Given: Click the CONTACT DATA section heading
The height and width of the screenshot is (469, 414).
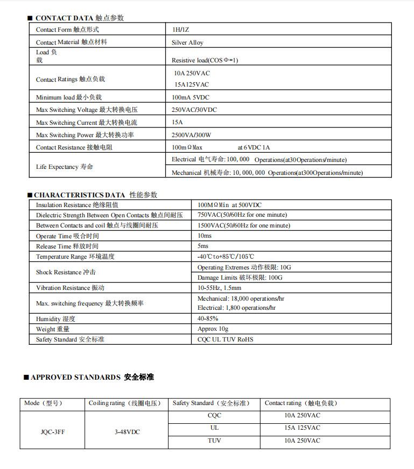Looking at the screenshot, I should point(79,18).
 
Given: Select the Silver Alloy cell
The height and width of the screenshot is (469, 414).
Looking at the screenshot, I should point(187,42).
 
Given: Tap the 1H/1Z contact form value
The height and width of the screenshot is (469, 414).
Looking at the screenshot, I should point(180,30).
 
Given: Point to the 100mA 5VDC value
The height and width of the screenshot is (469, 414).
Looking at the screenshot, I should point(191,97).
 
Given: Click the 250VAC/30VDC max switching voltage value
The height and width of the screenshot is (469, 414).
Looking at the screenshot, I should point(194,110).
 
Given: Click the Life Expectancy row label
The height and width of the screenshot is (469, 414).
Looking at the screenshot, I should point(65,167).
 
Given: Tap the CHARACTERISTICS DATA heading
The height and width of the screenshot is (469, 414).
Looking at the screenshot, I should point(95,195).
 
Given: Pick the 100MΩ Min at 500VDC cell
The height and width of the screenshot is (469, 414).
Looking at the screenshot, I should point(229,205).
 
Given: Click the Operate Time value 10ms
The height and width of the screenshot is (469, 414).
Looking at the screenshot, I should point(205,236).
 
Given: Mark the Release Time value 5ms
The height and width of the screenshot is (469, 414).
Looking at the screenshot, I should point(203,246).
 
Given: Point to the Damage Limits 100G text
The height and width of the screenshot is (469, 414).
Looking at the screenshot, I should point(240,278).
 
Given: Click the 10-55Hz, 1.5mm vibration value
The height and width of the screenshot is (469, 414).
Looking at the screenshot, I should point(219,288).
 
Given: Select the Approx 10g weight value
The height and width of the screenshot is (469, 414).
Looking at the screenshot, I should point(213,329).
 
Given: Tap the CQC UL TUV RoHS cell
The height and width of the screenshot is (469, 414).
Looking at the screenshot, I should point(225,339).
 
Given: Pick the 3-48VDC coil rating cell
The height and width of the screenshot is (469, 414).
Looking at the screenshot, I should point(128,431).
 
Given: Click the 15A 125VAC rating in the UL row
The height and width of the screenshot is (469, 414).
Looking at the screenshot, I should point(302,428).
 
